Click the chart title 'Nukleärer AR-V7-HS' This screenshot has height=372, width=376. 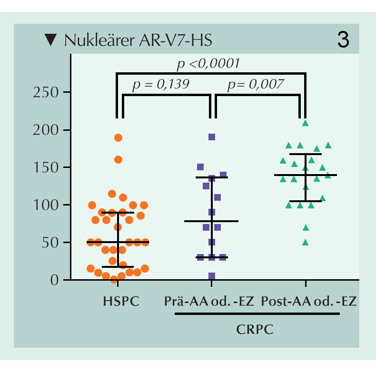tap(138, 41)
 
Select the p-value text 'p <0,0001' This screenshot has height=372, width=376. tap(208, 63)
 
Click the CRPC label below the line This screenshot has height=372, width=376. tap(257, 329)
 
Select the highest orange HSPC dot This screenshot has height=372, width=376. tap(118, 138)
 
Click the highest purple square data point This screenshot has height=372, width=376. tap(212, 137)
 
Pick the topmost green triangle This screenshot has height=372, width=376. tap(306, 123)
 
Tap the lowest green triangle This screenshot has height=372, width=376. tap(306, 243)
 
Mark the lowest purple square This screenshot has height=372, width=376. tap(212, 276)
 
